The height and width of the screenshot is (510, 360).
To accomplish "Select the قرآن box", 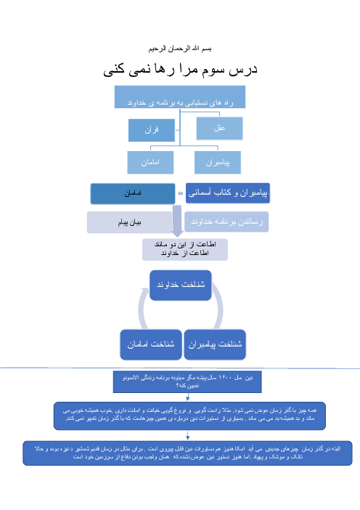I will pyautogui.click(x=152, y=130).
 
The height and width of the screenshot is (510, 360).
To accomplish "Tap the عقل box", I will pyautogui.click(x=218, y=129).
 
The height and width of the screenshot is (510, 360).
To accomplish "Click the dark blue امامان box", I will pyautogui.click(x=132, y=194).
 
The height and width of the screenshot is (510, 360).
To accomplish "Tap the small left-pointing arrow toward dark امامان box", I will pyautogui.click(x=180, y=194).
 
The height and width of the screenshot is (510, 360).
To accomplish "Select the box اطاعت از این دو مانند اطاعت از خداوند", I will pyautogui.click(x=185, y=248).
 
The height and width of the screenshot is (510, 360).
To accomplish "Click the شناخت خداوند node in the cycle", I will pyautogui.click(x=181, y=285).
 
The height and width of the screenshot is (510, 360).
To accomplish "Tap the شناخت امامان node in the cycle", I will pyautogui.click(x=150, y=344).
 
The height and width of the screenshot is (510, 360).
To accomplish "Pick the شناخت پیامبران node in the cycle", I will pyautogui.click(x=214, y=344).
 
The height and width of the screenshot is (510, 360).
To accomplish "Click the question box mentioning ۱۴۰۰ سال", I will pyautogui.click(x=187, y=382).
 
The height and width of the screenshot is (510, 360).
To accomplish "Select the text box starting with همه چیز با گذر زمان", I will pyautogui.click(x=190, y=415).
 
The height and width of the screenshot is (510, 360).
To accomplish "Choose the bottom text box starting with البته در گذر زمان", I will pyautogui.click(x=187, y=453).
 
